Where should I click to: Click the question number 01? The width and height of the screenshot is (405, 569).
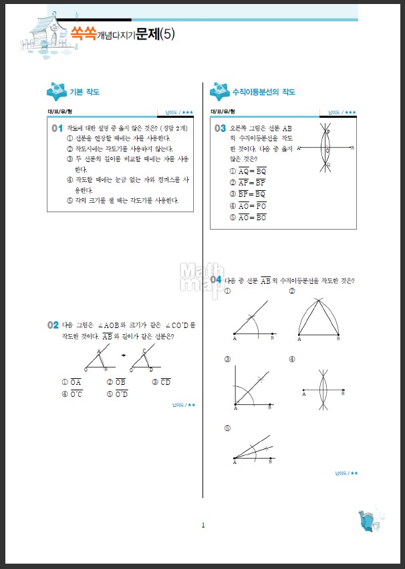tap(56, 127)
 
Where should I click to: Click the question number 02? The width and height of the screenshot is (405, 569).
tap(53, 325)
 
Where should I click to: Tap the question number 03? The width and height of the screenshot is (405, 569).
tap(219, 128)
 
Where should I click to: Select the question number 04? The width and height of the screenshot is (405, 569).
tap(216, 279)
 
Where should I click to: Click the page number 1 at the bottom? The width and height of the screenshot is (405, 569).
tap(203, 525)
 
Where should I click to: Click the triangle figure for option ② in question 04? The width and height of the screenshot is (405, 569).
tap(319, 317)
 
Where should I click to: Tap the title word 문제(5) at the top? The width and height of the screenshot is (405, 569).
tap(155, 34)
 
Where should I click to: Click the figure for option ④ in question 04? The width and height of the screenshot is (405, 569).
tap(323, 389)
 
